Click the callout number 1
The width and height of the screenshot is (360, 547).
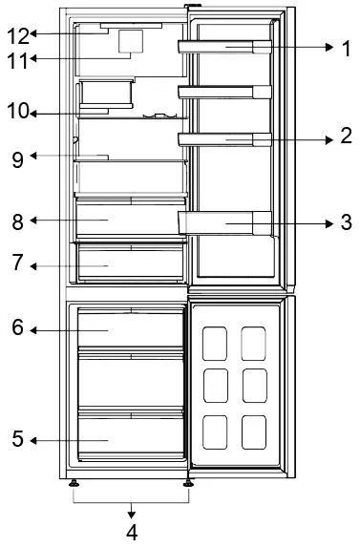tap(346, 48)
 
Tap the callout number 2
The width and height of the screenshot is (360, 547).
tap(346, 137)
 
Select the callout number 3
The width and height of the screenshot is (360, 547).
tap(346, 223)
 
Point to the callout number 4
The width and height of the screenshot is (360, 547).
tap(132, 532)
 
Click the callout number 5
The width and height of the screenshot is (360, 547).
tap(17, 439)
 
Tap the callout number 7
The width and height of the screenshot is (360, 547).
tap(17, 263)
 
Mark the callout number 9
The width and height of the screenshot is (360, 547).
tap(17, 158)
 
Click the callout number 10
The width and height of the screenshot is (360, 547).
tap(17, 112)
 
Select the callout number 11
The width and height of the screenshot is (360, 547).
tap(17, 59)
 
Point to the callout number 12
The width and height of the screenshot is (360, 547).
tap(17, 36)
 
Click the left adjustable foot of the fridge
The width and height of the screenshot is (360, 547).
tap(74, 483)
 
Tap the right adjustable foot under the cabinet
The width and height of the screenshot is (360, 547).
tap(187, 483)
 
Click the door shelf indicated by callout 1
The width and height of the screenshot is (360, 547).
tap(225, 48)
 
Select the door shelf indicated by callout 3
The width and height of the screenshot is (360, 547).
tap(225, 223)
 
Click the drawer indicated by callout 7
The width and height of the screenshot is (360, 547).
tap(131, 263)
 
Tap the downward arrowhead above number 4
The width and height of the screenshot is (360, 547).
tap(132, 512)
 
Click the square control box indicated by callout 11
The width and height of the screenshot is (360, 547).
tap(130, 41)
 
